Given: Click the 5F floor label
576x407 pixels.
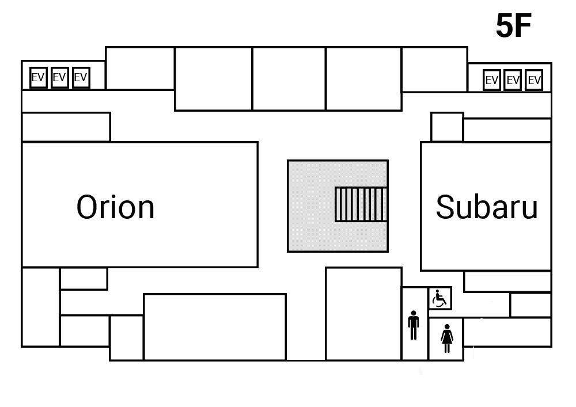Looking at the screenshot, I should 513,26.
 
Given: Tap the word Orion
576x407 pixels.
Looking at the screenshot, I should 115,207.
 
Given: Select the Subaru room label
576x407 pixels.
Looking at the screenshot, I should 486,207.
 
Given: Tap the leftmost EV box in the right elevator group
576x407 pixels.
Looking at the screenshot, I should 491,81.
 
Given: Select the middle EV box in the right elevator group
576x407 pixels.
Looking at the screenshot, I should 513,81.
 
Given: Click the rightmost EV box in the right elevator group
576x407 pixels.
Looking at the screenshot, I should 534,81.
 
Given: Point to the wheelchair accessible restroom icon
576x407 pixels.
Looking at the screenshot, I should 439,299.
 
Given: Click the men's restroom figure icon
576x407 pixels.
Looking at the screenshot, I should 413,326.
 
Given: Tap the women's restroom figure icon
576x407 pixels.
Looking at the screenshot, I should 446,338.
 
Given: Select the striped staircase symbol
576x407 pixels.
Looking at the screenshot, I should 361,204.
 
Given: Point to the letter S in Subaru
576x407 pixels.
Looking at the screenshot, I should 446,207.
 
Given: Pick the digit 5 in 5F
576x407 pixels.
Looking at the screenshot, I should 505,26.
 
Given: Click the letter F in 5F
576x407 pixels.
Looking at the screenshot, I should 522,26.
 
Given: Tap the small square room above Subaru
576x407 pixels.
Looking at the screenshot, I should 447,127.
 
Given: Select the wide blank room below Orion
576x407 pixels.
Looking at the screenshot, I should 214,327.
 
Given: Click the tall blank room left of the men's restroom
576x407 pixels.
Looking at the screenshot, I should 363,313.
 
